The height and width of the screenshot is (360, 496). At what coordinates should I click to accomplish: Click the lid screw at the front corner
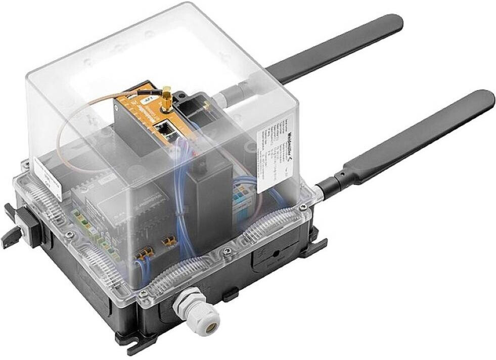coord(144,293)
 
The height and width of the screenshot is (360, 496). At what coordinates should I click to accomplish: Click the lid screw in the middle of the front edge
coord(226,251)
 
